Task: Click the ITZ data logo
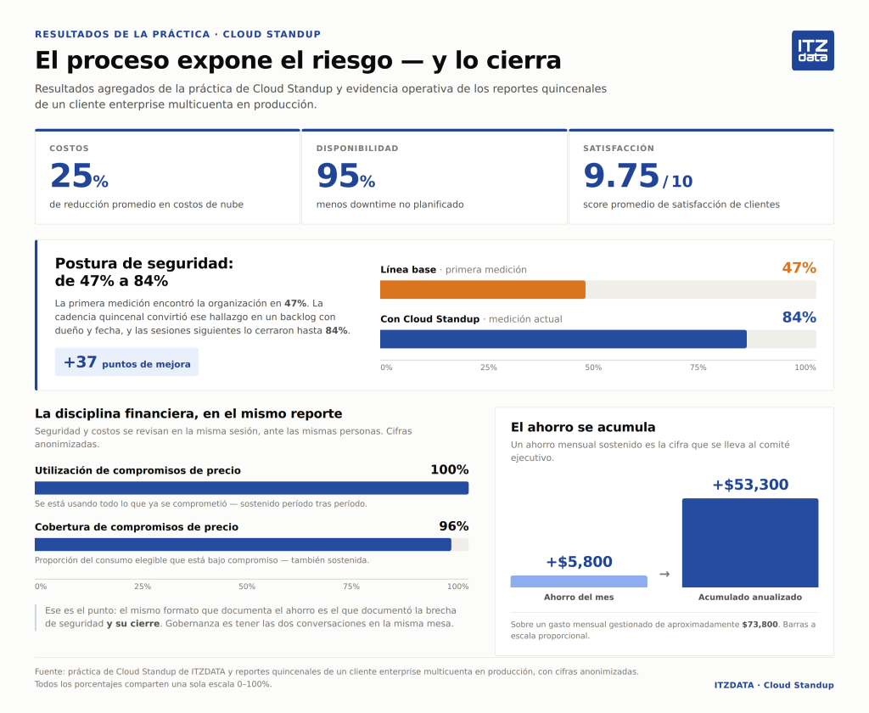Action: (812, 50)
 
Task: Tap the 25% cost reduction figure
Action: (79, 176)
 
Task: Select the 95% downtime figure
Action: (346, 176)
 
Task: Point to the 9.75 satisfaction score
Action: (637, 176)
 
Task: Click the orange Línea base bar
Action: (483, 289)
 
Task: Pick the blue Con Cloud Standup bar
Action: (563, 339)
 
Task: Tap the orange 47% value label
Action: (799, 267)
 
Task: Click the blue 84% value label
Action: (799, 317)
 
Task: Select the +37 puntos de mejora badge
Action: (126, 362)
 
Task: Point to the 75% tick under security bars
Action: (698, 368)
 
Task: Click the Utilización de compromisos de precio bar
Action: (251, 488)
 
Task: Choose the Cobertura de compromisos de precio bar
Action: (243, 544)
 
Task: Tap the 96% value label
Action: (454, 526)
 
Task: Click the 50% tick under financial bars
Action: (247, 587)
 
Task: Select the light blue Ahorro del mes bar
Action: (579, 581)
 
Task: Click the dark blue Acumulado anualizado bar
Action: (750, 542)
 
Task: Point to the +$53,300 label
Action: (750, 485)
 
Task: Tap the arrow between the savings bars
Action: (664, 574)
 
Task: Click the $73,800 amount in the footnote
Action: (760, 624)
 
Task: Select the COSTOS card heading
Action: (69, 148)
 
